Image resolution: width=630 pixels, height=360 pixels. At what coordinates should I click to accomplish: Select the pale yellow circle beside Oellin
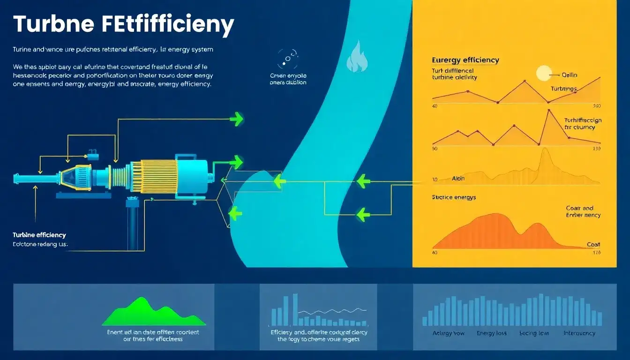[544, 73]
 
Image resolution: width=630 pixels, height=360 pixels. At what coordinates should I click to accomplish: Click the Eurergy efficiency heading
[465, 60]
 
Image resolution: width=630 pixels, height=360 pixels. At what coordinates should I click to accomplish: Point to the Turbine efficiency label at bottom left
[39, 235]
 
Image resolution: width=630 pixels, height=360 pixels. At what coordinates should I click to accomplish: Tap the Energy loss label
[492, 333]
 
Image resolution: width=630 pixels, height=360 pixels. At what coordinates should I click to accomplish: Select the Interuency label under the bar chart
[579, 333]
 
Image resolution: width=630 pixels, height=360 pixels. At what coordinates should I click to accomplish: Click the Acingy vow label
[449, 333]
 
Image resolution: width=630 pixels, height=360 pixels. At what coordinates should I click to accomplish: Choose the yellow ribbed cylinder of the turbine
[153, 176]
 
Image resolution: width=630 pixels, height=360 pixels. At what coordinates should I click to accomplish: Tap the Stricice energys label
[453, 197]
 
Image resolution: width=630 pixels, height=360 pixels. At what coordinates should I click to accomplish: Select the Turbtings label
[564, 89]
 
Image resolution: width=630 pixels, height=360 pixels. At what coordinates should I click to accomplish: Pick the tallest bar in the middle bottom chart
[295, 309]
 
